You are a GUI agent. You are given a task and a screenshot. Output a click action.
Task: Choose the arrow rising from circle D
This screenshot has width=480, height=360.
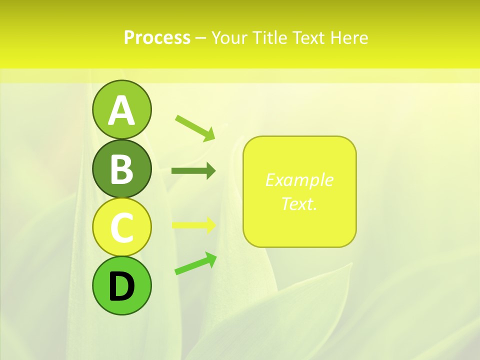[x=195, y=263]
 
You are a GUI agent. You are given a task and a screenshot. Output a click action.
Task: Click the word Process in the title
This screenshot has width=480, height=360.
[x=157, y=38]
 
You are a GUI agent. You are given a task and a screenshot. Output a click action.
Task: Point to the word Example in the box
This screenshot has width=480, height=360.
[x=299, y=180]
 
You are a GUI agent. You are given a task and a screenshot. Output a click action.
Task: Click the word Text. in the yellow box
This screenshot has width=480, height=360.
[x=299, y=203]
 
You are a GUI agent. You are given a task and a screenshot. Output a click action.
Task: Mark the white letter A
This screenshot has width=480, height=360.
[x=121, y=110]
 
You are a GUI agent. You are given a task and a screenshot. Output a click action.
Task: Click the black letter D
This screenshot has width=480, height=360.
[x=121, y=286]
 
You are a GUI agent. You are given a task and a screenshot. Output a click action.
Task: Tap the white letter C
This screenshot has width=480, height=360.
[x=121, y=228]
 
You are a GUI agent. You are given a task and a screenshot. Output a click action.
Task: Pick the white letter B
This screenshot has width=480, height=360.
[x=121, y=169]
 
